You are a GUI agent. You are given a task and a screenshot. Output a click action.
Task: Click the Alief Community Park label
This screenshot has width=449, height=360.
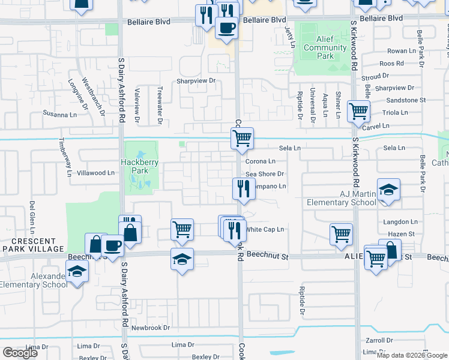(325, 47)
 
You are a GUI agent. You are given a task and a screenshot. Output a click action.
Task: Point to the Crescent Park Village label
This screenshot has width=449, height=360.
(33, 244)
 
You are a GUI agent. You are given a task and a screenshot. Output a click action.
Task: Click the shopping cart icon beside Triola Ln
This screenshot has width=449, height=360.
(358, 111)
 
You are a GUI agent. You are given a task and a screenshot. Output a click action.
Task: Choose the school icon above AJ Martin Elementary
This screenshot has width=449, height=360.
(388, 190)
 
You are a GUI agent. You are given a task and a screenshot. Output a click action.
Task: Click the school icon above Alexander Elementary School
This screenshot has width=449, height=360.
(76, 272)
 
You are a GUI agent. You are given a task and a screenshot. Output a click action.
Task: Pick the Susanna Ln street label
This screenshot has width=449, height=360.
(61, 113)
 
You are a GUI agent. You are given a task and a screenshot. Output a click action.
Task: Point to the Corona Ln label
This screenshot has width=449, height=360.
(261, 161)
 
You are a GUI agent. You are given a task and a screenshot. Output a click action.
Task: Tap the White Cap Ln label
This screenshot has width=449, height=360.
(265, 229)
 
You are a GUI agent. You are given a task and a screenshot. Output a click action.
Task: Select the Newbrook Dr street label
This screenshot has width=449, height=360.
(151, 328)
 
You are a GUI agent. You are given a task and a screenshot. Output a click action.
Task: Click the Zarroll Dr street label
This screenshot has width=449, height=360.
(379, 340)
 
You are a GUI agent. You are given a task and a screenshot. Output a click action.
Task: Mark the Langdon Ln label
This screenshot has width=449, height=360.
(400, 222)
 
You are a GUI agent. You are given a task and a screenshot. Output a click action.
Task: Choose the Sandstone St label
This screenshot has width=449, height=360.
(406, 100)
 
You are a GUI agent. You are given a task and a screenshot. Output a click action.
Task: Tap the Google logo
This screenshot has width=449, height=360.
(20, 353)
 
